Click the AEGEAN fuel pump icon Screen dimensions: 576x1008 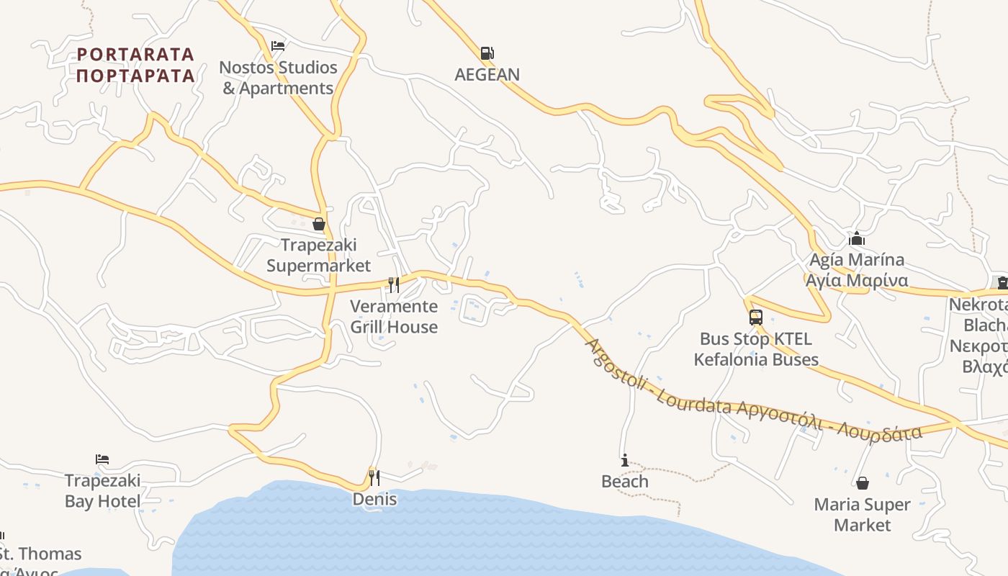(487, 53)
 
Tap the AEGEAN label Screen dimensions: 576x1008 (487, 74)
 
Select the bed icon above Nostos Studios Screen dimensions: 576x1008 (278, 46)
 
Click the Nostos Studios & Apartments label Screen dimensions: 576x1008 (278, 78)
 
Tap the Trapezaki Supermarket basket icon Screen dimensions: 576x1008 (319, 224)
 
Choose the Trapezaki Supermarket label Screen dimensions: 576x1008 (318, 256)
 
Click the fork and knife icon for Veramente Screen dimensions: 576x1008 (394, 285)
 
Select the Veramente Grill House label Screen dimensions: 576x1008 (394, 317)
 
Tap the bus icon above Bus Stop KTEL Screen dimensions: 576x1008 (756, 318)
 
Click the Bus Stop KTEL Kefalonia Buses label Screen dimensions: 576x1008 (756, 349)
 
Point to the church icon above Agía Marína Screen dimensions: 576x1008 (857, 238)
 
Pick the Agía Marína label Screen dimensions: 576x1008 (857, 270)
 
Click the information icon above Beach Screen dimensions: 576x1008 (625, 460)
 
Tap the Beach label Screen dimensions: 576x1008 (625, 481)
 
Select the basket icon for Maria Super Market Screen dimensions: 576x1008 (863, 483)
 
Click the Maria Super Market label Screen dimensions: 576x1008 (863, 515)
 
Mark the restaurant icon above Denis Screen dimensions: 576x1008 (374, 477)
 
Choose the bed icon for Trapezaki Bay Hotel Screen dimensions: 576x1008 (102, 459)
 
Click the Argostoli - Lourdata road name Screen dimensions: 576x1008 (752, 395)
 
